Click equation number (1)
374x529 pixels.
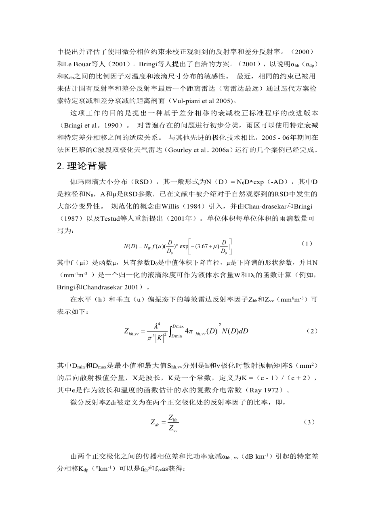[307, 244]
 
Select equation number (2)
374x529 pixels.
[312, 331]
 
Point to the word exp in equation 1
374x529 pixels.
[184, 246]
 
